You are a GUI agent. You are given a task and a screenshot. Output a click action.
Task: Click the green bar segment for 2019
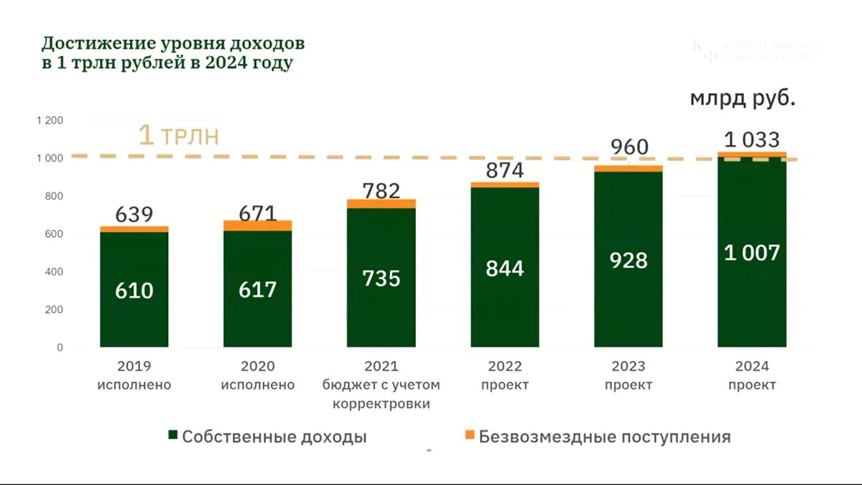point(134,316)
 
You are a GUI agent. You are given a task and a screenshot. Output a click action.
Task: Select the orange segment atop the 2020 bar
point(258,226)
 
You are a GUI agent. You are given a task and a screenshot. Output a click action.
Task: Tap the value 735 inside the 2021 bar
point(381,278)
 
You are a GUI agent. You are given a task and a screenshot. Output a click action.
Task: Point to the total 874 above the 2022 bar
point(504,170)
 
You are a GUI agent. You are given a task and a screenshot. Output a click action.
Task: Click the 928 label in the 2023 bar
point(628,260)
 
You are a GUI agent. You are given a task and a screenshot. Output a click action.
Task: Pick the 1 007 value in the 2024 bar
point(751,252)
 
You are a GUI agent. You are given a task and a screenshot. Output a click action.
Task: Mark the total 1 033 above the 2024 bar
point(751,139)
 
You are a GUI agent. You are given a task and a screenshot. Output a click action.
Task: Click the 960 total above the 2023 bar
point(629,147)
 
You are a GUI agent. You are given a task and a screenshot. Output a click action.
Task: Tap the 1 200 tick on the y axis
point(50,120)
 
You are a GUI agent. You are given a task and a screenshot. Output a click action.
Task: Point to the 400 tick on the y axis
point(54,272)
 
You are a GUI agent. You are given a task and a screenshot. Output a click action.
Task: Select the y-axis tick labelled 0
point(60,348)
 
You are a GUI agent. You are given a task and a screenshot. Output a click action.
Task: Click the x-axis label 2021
point(381,366)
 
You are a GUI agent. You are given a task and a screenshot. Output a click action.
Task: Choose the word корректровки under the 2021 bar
point(381,404)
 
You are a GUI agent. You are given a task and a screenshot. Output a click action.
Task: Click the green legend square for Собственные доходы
point(172,435)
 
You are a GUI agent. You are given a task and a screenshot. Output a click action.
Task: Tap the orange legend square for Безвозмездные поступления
point(470,435)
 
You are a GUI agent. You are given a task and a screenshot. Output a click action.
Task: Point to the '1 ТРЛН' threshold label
point(178,136)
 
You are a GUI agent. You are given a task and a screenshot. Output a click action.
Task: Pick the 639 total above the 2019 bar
point(134,214)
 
